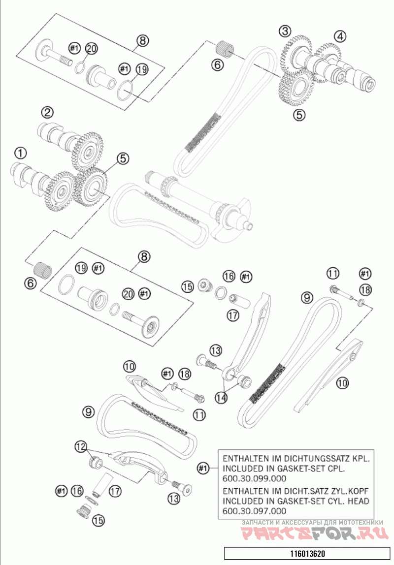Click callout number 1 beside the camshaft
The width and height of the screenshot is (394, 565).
tap(20, 153)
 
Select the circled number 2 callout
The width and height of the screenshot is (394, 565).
tap(47, 113)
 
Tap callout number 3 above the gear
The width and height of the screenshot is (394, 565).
tap(285, 31)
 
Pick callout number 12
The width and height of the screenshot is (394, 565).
tap(80, 446)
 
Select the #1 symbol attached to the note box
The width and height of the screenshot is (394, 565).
tap(203, 468)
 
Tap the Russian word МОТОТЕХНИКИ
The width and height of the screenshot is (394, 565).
tap(356, 523)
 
